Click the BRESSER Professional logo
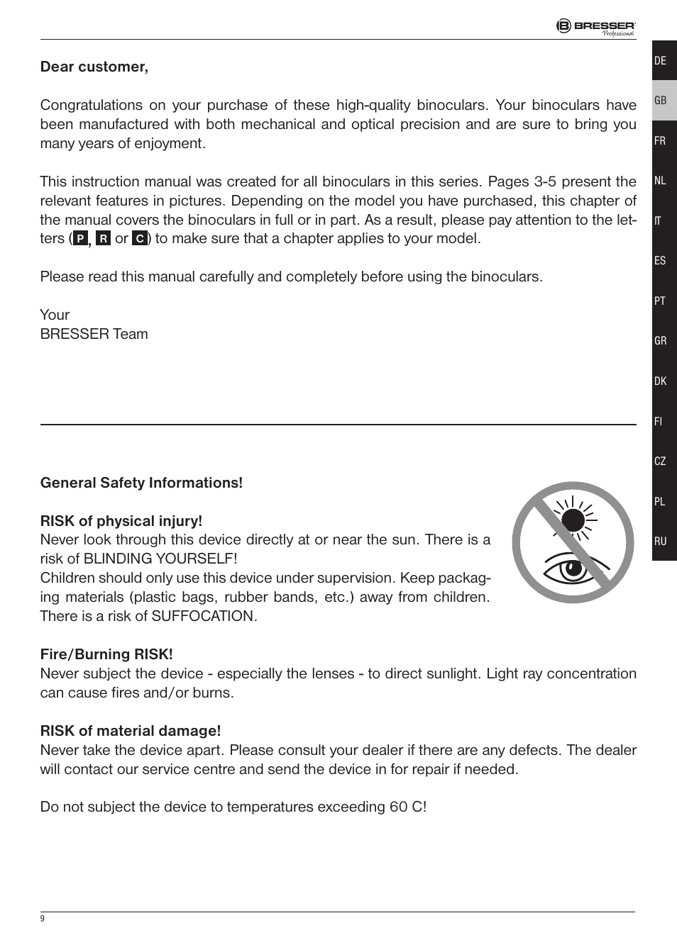click(595, 27)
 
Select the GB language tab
click(661, 101)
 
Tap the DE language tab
click(661, 61)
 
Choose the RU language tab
click(661, 541)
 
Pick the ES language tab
click(661, 261)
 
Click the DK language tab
click(661, 381)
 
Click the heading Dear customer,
click(94, 67)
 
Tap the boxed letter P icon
click(80, 239)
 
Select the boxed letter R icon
click(103, 239)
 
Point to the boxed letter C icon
click(140, 239)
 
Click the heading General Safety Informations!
click(141, 483)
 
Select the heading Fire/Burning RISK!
click(106, 654)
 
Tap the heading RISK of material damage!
click(131, 731)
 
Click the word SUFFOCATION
click(202, 616)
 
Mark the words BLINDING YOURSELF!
click(160, 559)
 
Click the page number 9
click(43, 919)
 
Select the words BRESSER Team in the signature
click(94, 334)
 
